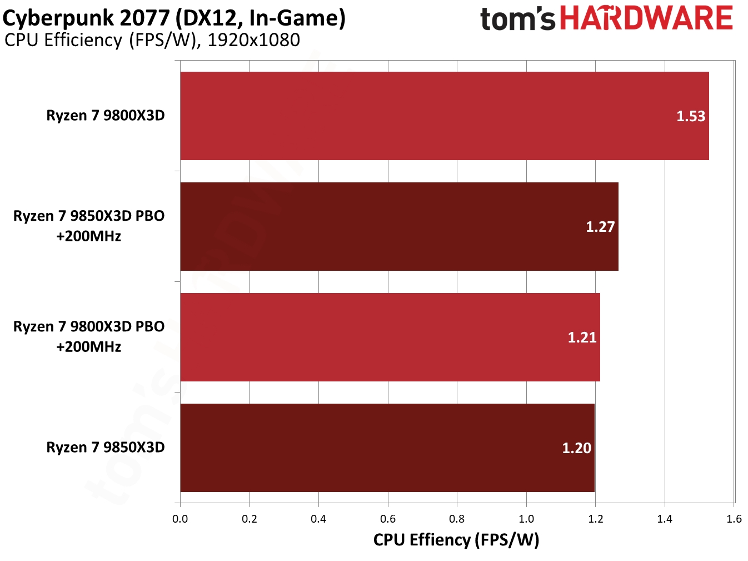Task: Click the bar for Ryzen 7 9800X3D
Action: tap(445, 116)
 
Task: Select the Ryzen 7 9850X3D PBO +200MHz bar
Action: tap(399, 226)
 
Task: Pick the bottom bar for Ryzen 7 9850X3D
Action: tap(387, 448)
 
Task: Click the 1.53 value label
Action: tap(690, 116)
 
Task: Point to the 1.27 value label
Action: tap(600, 227)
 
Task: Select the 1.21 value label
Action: tap(582, 337)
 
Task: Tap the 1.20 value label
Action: tap(576, 448)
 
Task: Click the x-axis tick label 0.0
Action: tap(180, 519)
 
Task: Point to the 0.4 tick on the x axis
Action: tap(318, 519)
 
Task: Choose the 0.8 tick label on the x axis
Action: tap(457, 519)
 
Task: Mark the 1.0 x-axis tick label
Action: tap(526, 519)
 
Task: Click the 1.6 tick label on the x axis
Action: tap(734, 519)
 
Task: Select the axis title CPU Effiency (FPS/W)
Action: tap(456, 540)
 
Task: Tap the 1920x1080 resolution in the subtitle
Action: tap(253, 40)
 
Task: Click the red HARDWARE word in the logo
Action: tap(646, 18)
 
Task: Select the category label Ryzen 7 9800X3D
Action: tap(106, 116)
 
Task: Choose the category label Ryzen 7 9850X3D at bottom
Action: tap(106, 448)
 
